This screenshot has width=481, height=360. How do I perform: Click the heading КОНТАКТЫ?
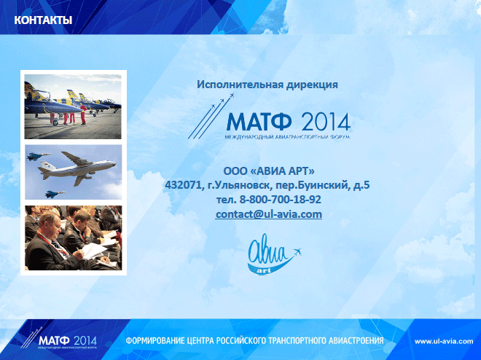pyautogui.click(x=43, y=20)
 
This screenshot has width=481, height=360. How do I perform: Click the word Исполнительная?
pyautogui.click(x=240, y=85)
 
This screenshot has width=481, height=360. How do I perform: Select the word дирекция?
pyautogui.click(x=312, y=85)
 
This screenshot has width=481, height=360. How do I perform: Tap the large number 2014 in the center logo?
pyautogui.click(x=326, y=122)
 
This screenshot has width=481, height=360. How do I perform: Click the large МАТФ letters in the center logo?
pyautogui.click(x=259, y=122)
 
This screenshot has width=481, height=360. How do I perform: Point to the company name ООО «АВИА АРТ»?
pyautogui.click(x=269, y=171)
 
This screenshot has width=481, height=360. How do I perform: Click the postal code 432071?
pyautogui.click(x=183, y=185)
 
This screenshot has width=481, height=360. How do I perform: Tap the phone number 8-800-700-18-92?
pyautogui.click(x=280, y=200)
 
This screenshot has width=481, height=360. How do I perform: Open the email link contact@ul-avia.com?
pyautogui.click(x=269, y=214)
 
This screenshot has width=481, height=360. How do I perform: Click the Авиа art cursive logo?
pyautogui.click(x=274, y=254)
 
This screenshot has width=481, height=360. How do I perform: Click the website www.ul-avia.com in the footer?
pyautogui.click(x=444, y=341)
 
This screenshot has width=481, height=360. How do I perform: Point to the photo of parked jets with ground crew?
pyautogui.click(x=73, y=106)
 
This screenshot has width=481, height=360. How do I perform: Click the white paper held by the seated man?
pyautogui.click(x=94, y=251)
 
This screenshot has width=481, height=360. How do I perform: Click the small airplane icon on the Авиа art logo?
pyautogui.click(x=297, y=252)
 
